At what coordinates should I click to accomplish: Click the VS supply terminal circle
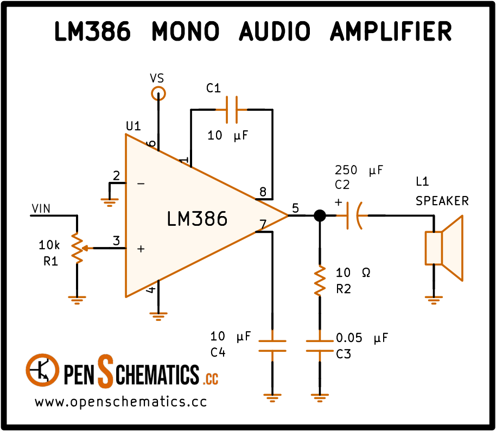click(x=158, y=94)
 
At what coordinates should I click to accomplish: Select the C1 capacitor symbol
click(x=232, y=110)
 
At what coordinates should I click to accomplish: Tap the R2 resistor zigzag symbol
click(x=320, y=281)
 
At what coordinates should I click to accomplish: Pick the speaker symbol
click(x=444, y=248)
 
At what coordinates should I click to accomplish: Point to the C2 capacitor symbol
click(x=352, y=215)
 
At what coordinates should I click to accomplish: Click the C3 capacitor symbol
click(x=320, y=346)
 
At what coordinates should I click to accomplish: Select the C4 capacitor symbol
click(x=272, y=346)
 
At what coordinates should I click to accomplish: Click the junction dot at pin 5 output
click(x=320, y=215)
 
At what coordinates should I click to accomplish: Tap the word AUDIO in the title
click(x=275, y=31)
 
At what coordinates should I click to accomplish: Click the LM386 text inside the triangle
click(x=197, y=219)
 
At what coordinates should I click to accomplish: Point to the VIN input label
click(x=41, y=208)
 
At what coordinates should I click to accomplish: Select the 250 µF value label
click(x=359, y=170)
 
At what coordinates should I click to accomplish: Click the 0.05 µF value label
click(x=362, y=338)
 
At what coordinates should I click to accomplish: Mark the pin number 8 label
click(x=263, y=192)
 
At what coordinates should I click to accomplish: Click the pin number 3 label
click(x=117, y=241)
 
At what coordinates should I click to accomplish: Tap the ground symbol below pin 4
click(x=158, y=316)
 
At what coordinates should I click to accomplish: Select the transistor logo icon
click(x=42, y=370)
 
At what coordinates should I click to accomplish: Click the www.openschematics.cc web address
click(x=121, y=402)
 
